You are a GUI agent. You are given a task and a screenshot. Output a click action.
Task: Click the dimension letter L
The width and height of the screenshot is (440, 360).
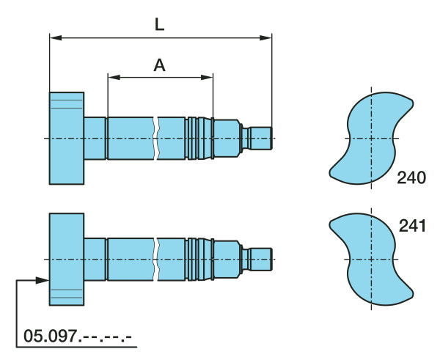[x=159, y=24]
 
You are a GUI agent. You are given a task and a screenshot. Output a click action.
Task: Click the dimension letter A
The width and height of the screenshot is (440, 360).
[x=159, y=65]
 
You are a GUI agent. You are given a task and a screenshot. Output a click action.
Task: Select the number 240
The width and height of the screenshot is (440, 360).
[x=411, y=177]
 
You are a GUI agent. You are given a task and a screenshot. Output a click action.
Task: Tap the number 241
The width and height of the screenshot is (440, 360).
[x=412, y=226]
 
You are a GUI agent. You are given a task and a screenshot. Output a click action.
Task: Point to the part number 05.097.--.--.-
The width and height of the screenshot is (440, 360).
[x=78, y=336]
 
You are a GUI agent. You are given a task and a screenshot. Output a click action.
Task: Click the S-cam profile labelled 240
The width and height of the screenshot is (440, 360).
[x=371, y=138]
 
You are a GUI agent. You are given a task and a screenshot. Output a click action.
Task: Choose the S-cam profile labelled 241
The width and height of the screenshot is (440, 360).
[x=371, y=260]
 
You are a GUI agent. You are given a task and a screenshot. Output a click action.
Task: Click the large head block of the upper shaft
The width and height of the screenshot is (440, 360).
[x=67, y=138]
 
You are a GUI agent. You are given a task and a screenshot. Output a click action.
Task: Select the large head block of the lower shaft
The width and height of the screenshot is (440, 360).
[x=67, y=260]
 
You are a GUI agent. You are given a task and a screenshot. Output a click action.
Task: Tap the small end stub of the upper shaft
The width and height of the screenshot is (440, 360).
[x=261, y=139]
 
